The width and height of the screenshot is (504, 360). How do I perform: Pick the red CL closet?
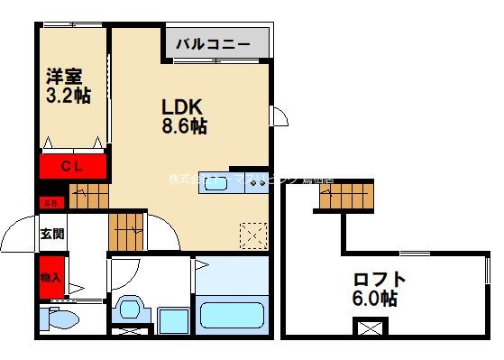tap(72, 166)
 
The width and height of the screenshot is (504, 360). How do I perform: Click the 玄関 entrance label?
tap(51, 233)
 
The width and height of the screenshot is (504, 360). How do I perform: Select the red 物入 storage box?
tap(50, 276)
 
